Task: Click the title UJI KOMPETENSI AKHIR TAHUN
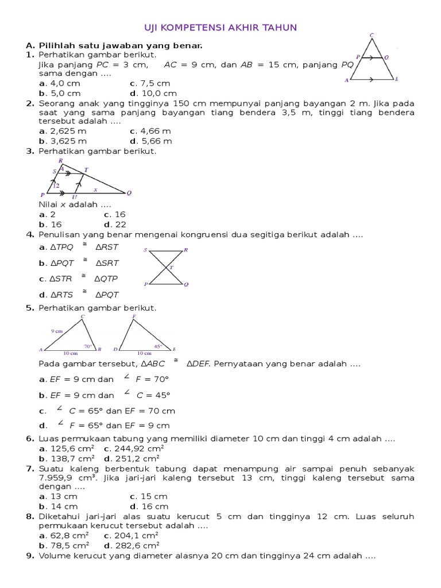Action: tap(219, 28)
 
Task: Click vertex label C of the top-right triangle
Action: tap(372, 36)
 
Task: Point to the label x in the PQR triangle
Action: tap(95, 189)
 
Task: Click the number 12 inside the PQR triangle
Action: tap(56, 185)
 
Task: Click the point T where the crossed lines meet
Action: tap(171, 268)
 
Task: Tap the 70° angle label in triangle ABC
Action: tap(88, 346)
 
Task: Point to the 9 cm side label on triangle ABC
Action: tap(56, 331)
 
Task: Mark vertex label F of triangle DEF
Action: tap(134, 316)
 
